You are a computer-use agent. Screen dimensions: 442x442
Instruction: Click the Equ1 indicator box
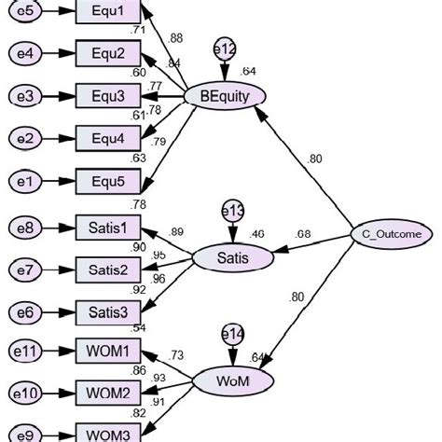pyautogui.click(x=107, y=13)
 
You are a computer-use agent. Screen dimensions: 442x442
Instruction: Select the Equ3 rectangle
pyautogui.click(x=107, y=96)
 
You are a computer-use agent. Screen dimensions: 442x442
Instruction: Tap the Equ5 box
pyautogui.click(x=107, y=180)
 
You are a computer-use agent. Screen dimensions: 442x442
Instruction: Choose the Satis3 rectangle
pyautogui.click(x=107, y=311)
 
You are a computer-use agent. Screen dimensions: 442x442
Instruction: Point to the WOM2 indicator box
pyautogui.click(x=107, y=394)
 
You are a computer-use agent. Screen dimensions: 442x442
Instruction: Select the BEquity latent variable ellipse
pyautogui.click(x=226, y=95)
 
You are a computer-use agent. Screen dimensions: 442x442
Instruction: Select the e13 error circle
pyautogui.click(x=231, y=212)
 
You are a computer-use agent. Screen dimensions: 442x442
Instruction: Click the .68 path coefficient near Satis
pyautogui.click(x=305, y=233)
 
